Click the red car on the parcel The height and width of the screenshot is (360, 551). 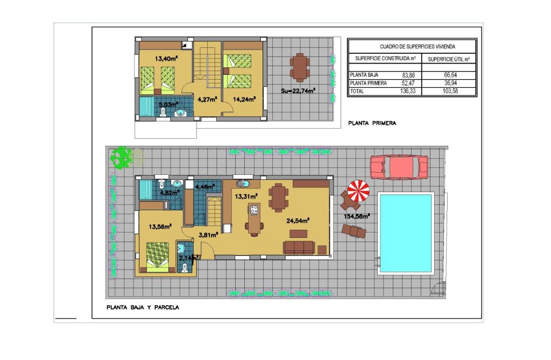pos(399,167)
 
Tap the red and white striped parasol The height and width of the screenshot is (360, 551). pos(358,191)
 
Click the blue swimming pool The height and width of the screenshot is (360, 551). pos(406,234)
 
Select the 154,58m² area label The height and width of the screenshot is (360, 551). pos(356,216)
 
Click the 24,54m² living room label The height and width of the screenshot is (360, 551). pos(298,221)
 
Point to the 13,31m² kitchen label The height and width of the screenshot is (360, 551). pos(246,196)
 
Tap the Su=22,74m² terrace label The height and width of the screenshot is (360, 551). pos(298,91)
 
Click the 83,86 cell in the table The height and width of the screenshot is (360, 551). pos(408,75)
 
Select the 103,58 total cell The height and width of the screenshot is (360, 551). pos(450,91)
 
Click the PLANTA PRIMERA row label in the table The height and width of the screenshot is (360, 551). pos(368,83)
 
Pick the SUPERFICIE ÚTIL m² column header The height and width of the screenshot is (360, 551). pos(449,59)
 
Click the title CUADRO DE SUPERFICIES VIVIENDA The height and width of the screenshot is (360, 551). pos(418,46)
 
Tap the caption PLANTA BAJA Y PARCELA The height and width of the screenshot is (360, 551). pos(143,307)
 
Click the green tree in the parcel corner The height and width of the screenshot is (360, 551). pos(121,158)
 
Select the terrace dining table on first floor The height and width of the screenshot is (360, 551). pos(299,67)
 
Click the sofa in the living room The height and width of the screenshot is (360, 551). pos(299,248)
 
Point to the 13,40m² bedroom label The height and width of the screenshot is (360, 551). pos(166,59)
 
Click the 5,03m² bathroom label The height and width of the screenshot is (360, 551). pos(168,104)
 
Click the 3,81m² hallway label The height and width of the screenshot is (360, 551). pos(208,235)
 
